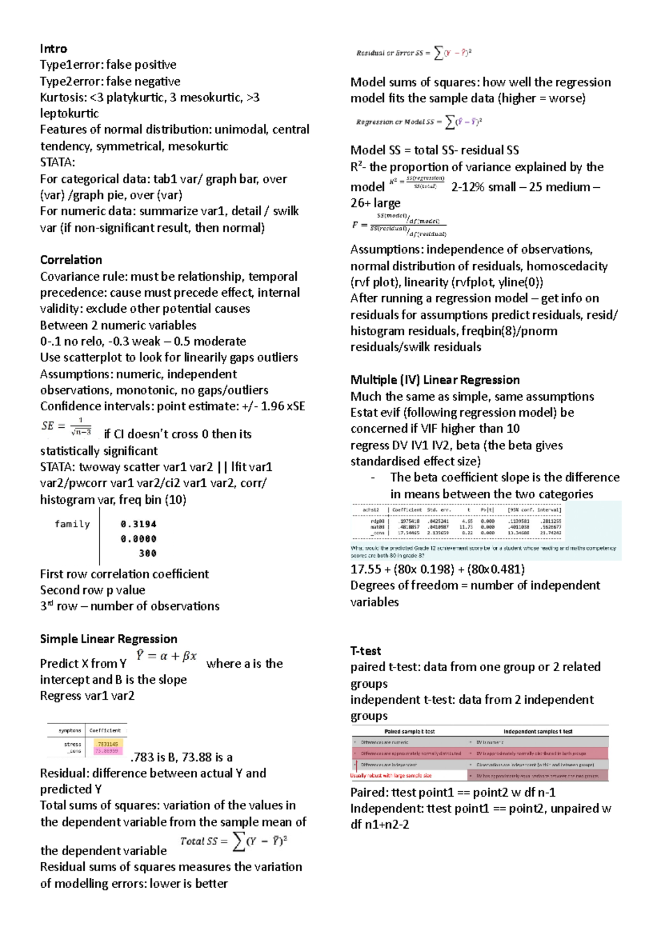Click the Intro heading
pyautogui.click(x=53, y=49)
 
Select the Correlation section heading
pyautogui.click(x=71, y=260)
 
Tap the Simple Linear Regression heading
pyautogui.click(x=109, y=639)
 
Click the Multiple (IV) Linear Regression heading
pyautogui.click(x=435, y=380)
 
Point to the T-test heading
pyautogui.click(x=366, y=651)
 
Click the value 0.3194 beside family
pyautogui.click(x=138, y=524)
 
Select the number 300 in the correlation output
pyautogui.click(x=147, y=553)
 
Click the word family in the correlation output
pyautogui.click(x=72, y=524)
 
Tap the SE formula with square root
pyautogui.click(x=66, y=426)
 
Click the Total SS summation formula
pyautogui.click(x=234, y=841)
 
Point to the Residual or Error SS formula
pyautogui.click(x=414, y=53)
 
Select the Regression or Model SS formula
pyautogui.click(x=419, y=122)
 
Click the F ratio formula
pyautogui.click(x=399, y=225)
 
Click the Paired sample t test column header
pyautogui.click(x=409, y=732)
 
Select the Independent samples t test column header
pyautogui.click(x=538, y=732)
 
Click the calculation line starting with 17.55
pyautogui.click(x=437, y=569)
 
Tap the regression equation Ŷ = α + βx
pyautogui.click(x=166, y=656)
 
